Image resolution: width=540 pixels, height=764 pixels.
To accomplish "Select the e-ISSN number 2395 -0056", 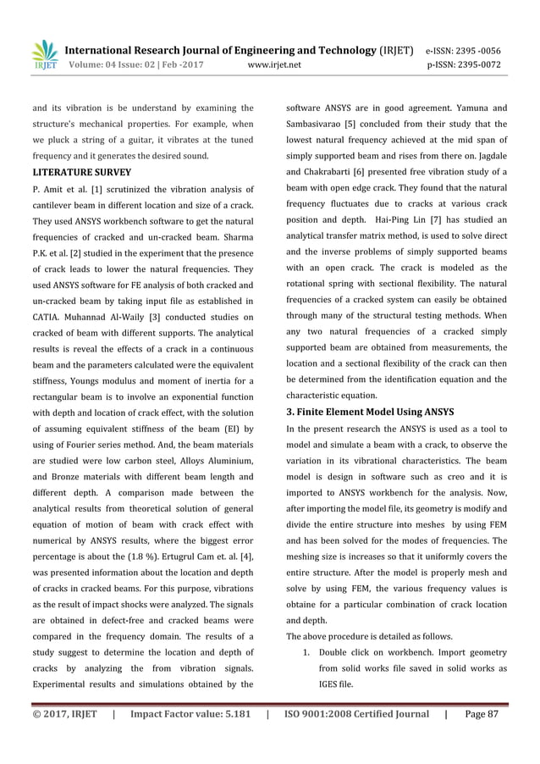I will click(482, 48).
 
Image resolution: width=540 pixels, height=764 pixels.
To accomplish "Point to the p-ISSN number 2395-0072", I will click(482, 64).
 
